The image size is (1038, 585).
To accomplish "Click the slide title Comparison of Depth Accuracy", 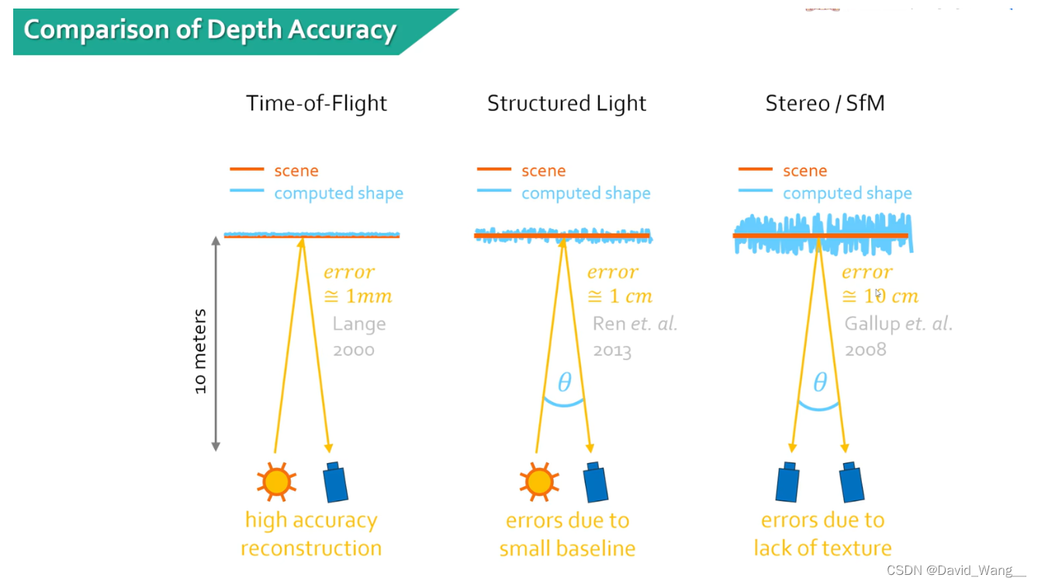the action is [210, 30].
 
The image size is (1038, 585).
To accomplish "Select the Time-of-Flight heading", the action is [317, 103].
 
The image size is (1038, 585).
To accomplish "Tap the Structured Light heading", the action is [566, 103].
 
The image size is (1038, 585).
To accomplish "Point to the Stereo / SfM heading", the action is [825, 103].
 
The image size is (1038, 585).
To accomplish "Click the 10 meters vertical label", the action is [201, 351].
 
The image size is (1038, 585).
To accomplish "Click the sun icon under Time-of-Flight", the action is [276, 482].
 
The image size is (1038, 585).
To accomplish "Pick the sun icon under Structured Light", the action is [538, 482].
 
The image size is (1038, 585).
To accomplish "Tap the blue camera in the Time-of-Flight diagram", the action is [335, 482].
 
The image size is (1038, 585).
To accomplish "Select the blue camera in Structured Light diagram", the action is [595, 482].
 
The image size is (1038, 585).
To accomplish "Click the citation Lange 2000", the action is [359, 337].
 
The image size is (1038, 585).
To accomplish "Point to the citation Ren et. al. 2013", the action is [634, 337].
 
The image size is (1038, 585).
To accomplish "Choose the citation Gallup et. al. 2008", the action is [898, 337].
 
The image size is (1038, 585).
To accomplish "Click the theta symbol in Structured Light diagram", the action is [564, 382].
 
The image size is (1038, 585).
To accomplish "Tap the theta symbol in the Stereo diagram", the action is [819, 382].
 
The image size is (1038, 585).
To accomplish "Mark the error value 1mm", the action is [358, 296].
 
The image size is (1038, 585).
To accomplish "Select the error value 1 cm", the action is [620, 296].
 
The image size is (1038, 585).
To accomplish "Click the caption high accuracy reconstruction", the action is [311, 534].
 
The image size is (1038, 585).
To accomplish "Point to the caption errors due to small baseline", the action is [567, 534].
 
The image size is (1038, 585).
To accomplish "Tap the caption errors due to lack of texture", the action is [822, 534].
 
